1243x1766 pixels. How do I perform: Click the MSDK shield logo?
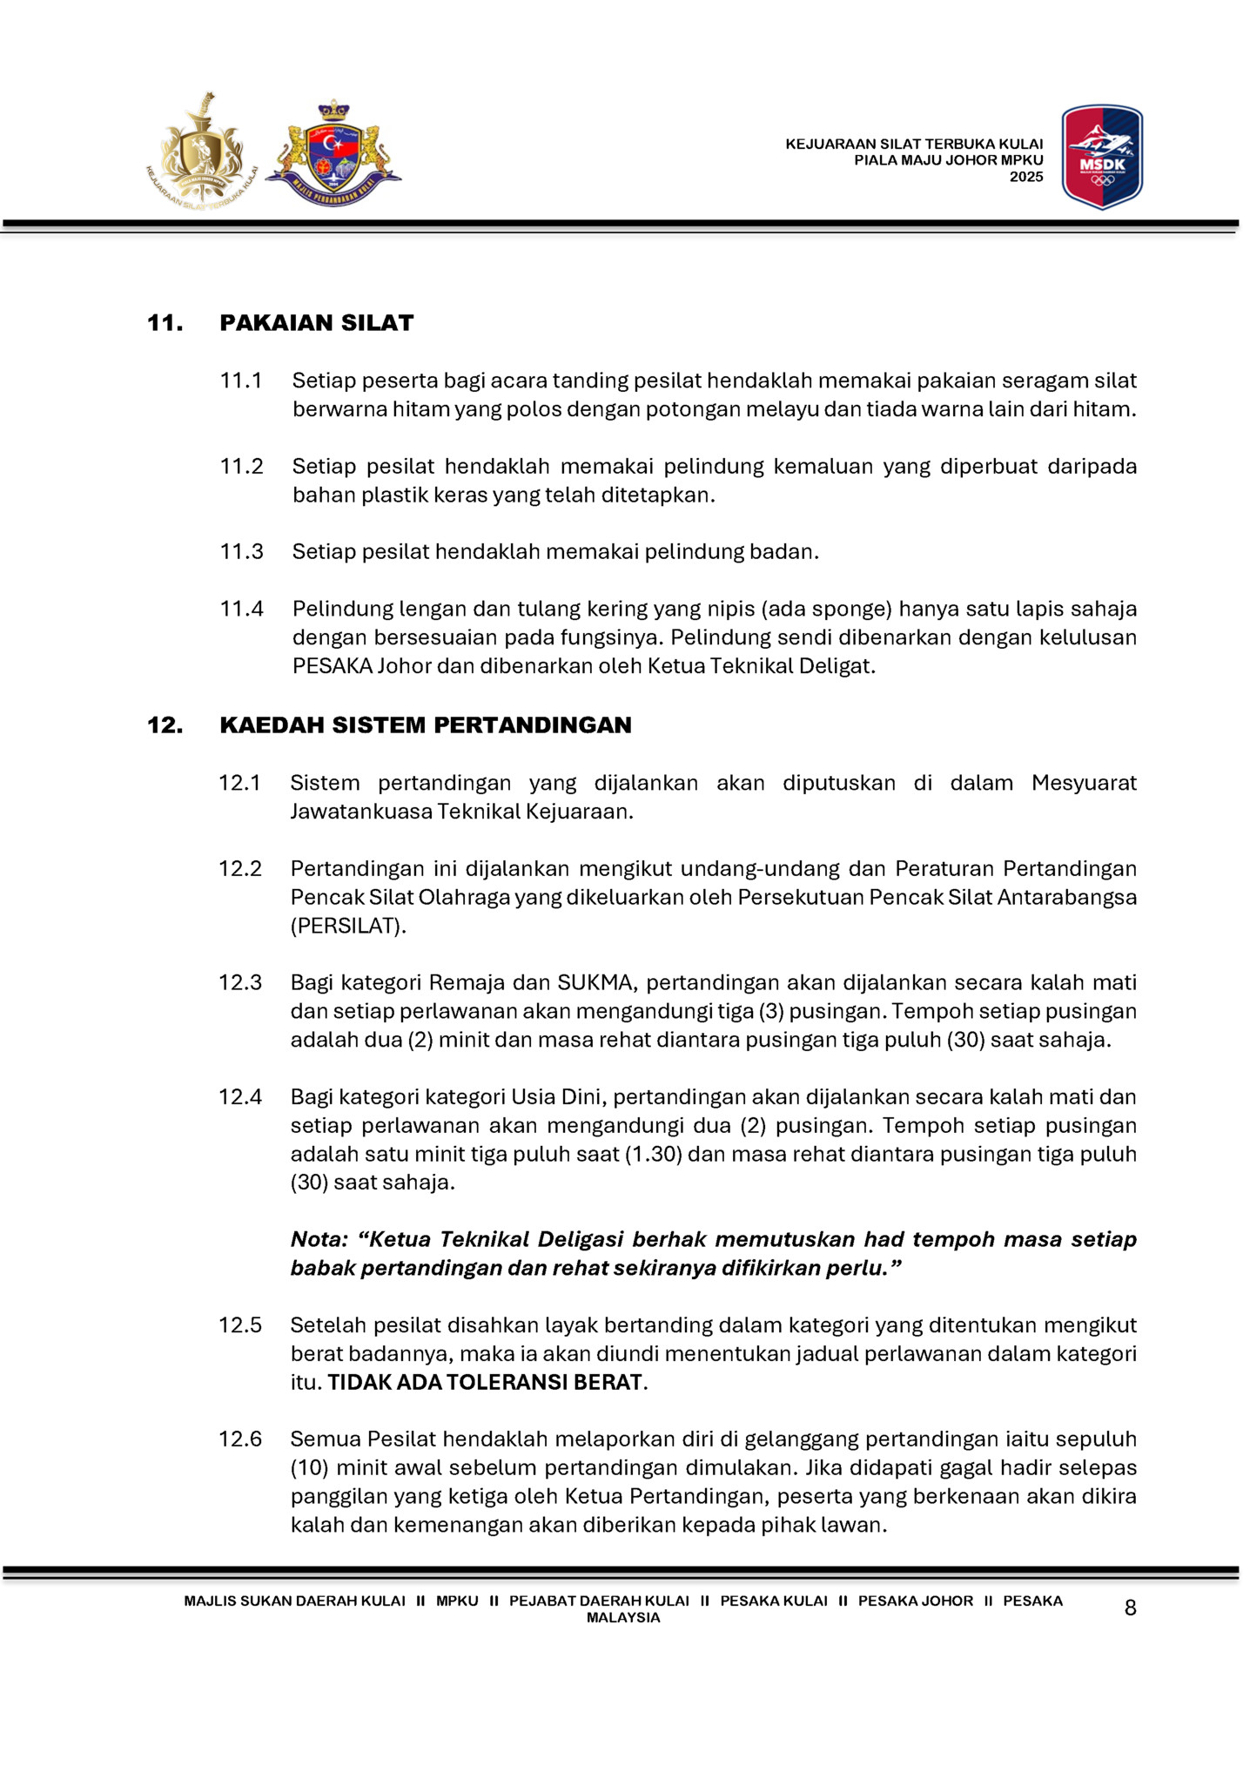[x=1102, y=157]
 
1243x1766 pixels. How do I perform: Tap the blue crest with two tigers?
[x=333, y=155]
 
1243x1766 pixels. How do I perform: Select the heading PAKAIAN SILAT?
[x=316, y=323]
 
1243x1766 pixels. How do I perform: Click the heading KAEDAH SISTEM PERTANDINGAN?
[x=425, y=725]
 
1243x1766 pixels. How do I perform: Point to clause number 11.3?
[x=241, y=552]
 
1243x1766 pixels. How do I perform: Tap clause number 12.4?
[x=239, y=1097]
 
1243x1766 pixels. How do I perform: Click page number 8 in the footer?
[x=1130, y=1608]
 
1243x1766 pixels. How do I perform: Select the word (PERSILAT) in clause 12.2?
[x=348, y=926]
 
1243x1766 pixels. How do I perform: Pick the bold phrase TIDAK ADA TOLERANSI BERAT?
[x=485, y=1383]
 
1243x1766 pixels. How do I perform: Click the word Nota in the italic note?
[x=319, y=1240]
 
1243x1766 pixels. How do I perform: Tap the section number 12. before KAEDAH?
[x=165, y=725]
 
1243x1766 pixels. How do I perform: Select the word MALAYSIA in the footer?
[x=623, y=1618]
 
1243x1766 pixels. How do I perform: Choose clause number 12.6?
[x=239, y=1439]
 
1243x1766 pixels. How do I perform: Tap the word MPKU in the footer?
[x=457, y=1601]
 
